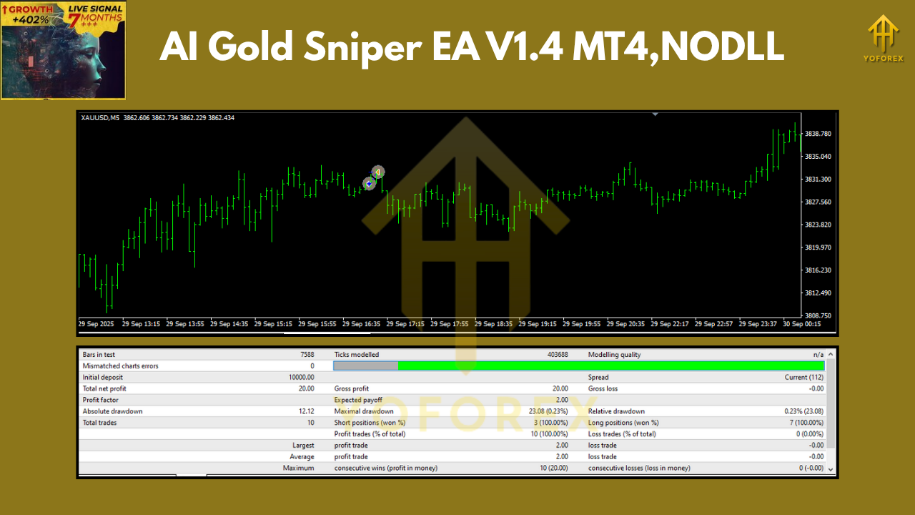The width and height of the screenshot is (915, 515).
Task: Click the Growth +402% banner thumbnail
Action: coord(64,50)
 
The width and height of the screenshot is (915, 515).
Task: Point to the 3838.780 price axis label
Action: coord(818,134)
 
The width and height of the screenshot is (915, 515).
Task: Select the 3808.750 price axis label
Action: coord(818,315)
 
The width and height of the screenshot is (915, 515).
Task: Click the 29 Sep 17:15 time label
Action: coord(405,324)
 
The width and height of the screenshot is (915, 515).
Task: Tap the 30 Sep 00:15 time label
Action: coord(802,324)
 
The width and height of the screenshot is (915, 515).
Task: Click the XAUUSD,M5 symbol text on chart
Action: coord(100,118)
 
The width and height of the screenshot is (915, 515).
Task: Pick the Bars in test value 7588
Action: coord(307,355)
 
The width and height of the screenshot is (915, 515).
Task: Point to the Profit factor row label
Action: coord(101,400)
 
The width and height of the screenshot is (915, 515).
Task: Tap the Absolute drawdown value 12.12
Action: coord(305,411)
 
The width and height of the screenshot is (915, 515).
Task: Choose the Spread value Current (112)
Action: coord(804,378)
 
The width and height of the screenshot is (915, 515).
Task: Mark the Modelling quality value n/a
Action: coord(818,355)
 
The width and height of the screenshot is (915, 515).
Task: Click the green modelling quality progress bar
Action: coord(610,366)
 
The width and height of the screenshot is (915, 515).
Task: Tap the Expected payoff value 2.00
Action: coord(562,400)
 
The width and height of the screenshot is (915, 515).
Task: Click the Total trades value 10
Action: coord(310,423)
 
